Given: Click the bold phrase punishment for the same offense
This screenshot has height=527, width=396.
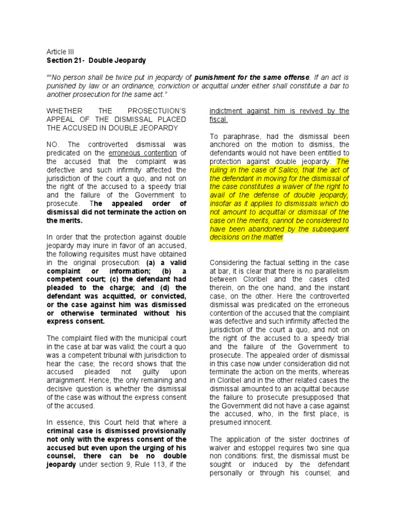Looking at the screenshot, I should click(x=252, y=77).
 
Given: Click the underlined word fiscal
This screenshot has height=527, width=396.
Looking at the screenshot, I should click(x=220, y=119).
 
